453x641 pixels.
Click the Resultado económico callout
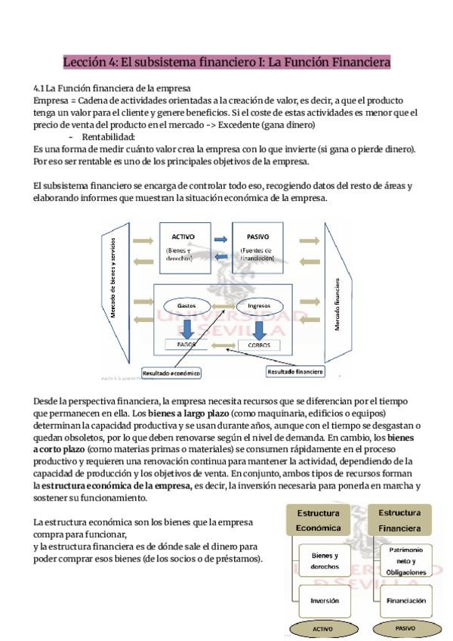pos(171,373)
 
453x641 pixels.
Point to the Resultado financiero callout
pos(295,371)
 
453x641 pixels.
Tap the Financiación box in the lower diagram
pos(402,601)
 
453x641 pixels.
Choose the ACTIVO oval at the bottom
pos(317,628)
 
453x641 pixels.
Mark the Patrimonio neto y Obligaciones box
pos(402,561)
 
